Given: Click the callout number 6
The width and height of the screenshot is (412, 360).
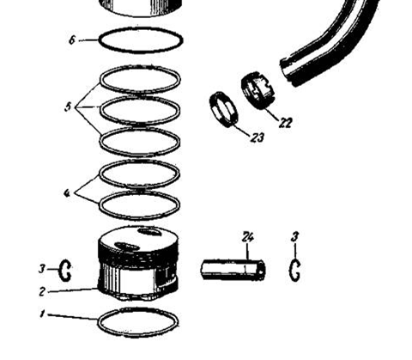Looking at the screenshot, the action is pyautogui.click(x=72, y=40).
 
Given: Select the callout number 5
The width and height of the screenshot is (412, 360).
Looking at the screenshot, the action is pyautogui.click(x=68, y=107).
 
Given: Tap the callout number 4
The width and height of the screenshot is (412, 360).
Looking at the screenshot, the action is pyautogui.click(x=67, y=193).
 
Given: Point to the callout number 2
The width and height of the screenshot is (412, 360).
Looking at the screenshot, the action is pyautogui.click(x=42, y=291).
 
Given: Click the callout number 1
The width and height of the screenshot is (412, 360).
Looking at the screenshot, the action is pyautogui.click(x=42, y=314).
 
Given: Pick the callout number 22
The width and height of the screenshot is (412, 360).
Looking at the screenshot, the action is pyautogui.click(x=286, y=123).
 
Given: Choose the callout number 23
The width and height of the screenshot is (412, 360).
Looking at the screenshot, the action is pyautogui.click(x=257, y=137).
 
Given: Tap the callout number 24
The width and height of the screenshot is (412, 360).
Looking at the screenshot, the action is pyautogui.click(x=247, y=237).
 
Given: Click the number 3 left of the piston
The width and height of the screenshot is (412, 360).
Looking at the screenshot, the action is pyautogui.click(x=42, y=269).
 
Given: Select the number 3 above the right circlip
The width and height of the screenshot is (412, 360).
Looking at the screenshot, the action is pyautogui.click(x=295, y=237).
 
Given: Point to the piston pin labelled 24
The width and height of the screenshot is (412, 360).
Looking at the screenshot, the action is pyautogui.click(x=233, y=270).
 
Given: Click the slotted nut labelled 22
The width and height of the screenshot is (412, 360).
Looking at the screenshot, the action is pyautogui.click(x=257, y=90).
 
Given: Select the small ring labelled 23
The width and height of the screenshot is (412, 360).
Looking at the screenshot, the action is pyautogui.click(x=224, y=109).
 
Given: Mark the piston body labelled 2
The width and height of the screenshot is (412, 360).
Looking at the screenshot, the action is pyautogui.click(x=138, y=263).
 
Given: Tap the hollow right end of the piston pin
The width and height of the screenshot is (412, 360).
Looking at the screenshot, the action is pyautogui.click(x=261, y=270).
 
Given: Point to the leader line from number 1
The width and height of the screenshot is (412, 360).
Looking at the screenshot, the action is pyautogui.click(x=73, y=317).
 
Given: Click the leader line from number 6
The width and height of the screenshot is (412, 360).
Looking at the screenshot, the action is pyautogui.click(x=88, y=40).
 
